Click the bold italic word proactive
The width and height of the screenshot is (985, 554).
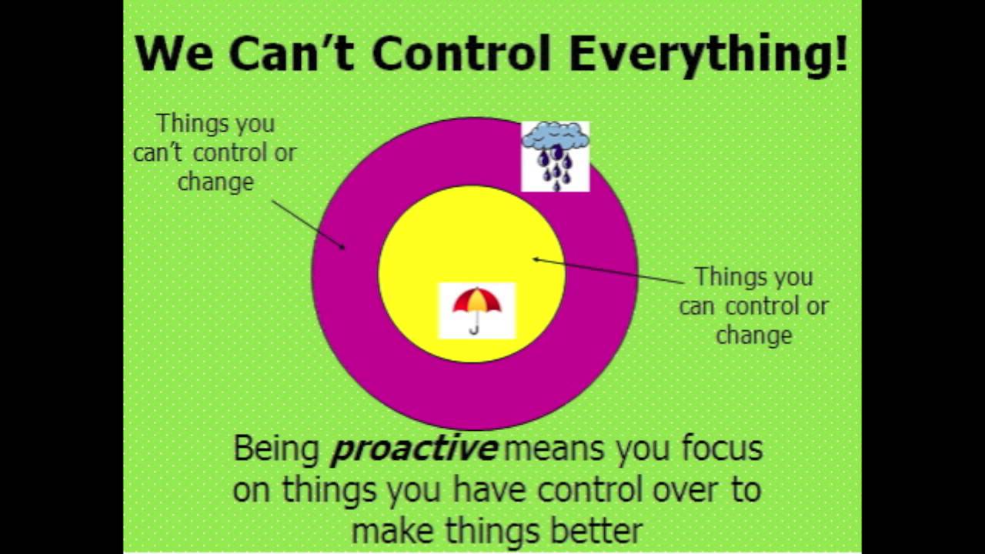tap(413, 449)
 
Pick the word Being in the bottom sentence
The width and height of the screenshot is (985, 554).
tap(276, 449)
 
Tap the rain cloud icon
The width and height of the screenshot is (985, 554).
tap(555, 156)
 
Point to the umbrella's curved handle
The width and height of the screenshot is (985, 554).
tap(475, 329)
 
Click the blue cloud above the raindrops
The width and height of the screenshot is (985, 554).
tap(555, 138)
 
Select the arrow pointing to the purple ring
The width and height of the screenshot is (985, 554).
tap(307, 224)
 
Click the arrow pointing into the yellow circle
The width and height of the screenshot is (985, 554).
tap(608, 271)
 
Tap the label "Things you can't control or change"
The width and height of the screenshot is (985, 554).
tap(215, 152)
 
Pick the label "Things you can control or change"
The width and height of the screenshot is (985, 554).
tap(753, 305)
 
